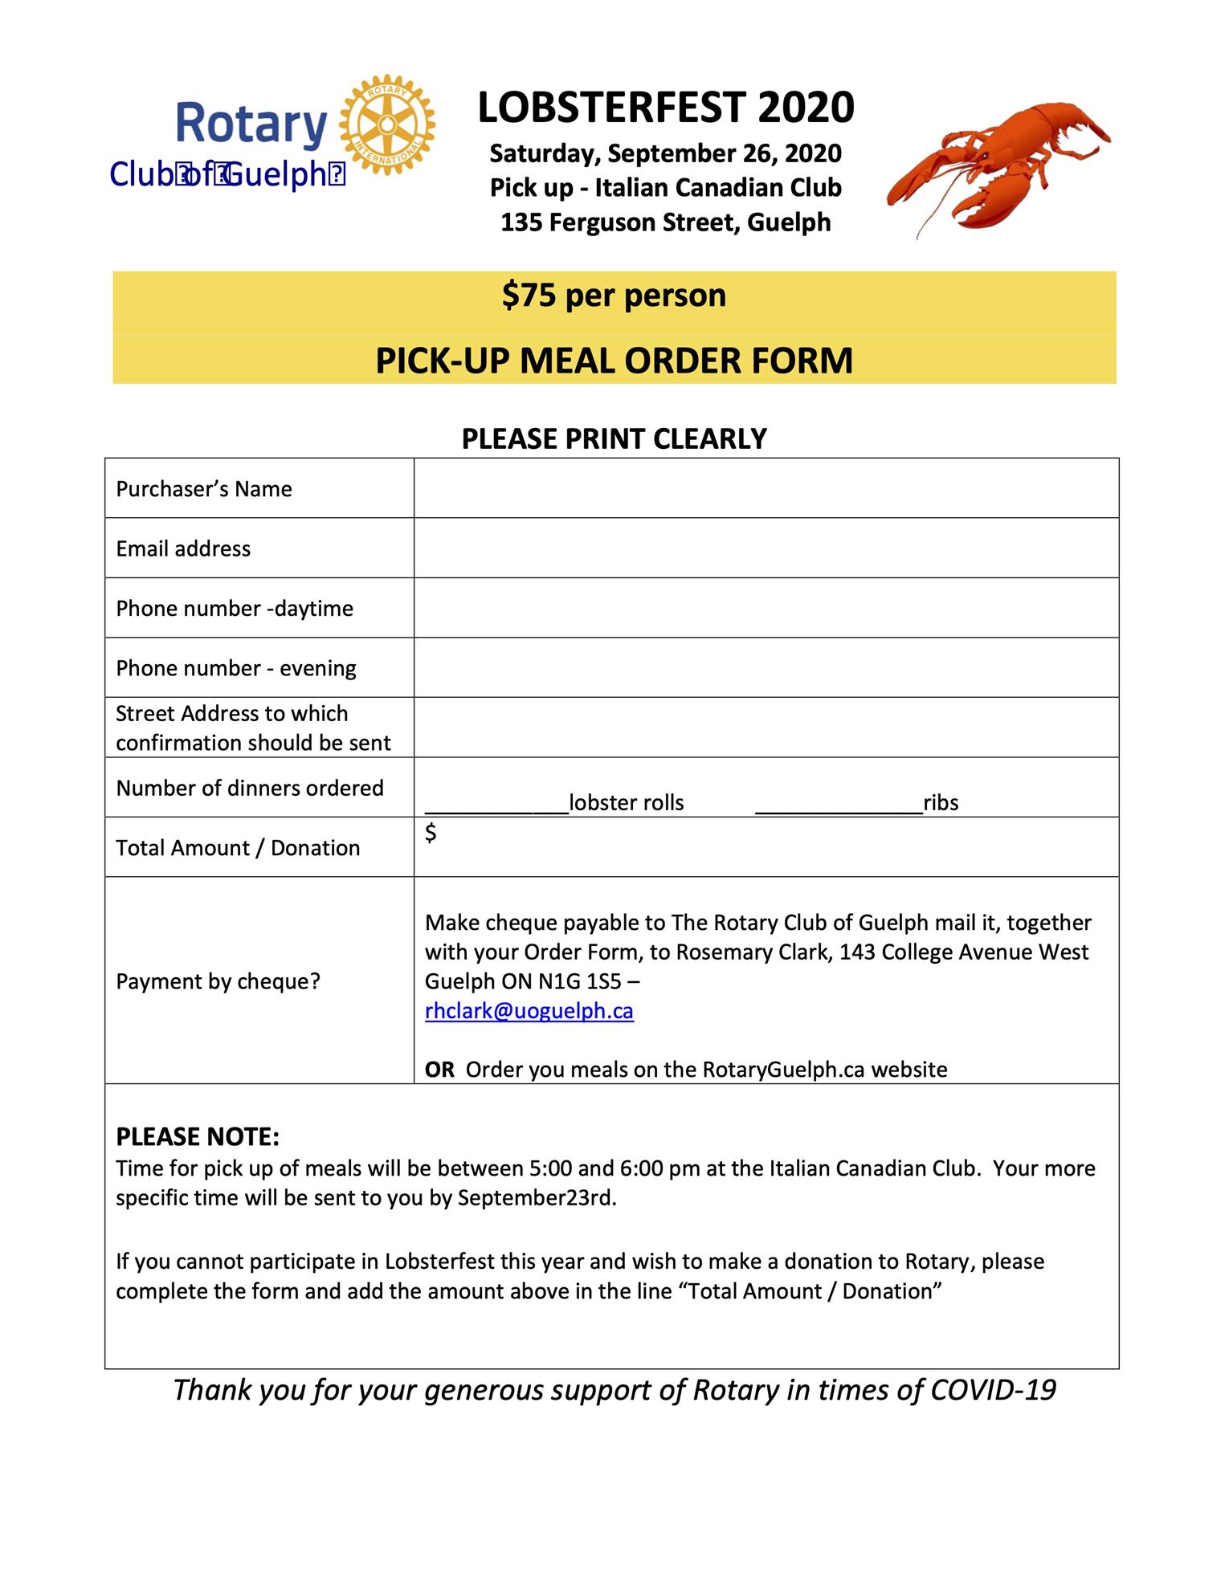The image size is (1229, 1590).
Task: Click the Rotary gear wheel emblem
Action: [387, 124]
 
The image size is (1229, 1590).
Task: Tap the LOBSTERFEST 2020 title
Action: [666, 108]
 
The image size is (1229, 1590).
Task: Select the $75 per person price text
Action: [614, 296]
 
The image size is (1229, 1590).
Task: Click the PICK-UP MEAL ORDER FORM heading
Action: [614, 361]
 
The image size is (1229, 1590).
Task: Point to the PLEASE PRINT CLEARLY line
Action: [614, 438]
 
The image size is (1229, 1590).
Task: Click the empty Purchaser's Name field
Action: [766, 488]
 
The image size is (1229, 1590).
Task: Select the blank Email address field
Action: [766, 548]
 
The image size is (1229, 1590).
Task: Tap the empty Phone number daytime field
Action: [766, 608]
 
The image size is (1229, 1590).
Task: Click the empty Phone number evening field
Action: [766, 667]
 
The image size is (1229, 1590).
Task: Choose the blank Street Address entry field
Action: [766, 728]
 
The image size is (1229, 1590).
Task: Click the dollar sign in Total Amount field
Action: [431, 833]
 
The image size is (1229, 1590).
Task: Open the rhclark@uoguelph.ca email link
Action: [529, 1011]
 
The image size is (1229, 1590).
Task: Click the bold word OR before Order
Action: [439, 1070]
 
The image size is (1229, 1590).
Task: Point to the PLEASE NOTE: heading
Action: [198, 1137]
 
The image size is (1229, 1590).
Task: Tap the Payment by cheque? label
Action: [218, 981]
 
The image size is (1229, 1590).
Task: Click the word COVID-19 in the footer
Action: [993, 1390]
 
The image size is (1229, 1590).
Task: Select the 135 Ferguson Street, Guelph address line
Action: [666, 222]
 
